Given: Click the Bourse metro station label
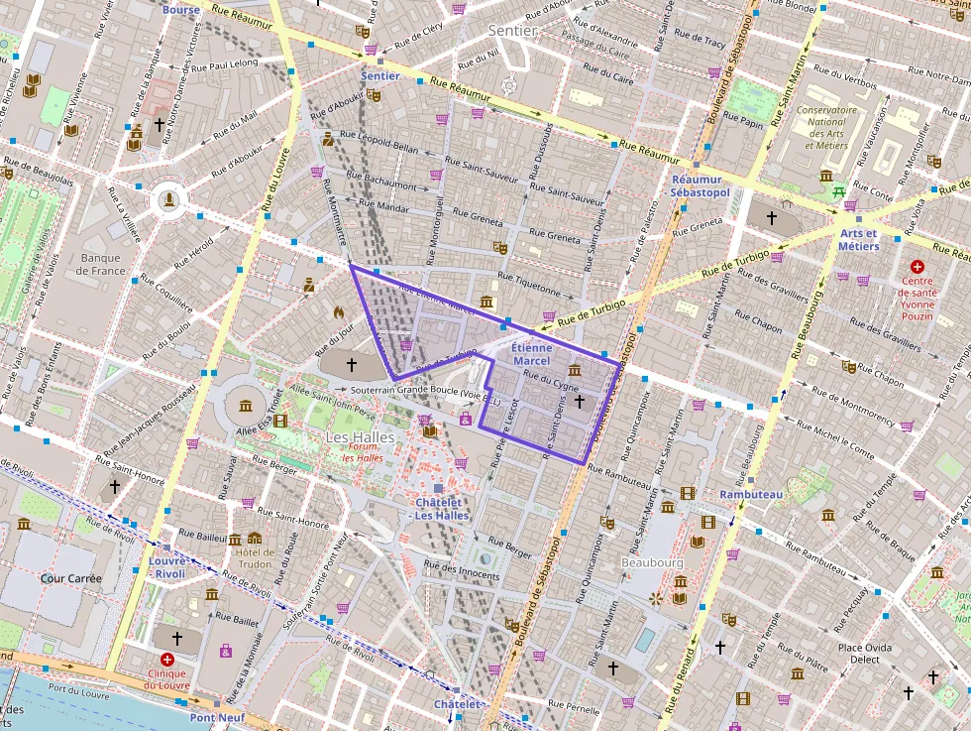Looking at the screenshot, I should coord(181,10).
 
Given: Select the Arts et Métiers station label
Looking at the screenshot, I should coord(858,240).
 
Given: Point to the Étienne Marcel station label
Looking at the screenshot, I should coord(531,355).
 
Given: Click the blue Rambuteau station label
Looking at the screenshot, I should coord(751,494).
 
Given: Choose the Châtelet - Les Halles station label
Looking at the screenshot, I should coord(442,508).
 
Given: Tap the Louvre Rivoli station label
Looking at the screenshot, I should coord(169,566).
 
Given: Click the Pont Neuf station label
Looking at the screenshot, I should coord(216,717).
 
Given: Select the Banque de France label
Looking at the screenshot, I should coord(103,264).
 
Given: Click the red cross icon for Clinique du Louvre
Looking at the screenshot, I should coord(166,660).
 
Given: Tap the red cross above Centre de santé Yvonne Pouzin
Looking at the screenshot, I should coord(917,267).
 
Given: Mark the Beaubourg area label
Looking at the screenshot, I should coord(651,562).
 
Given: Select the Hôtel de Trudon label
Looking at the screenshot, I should coord(254,557).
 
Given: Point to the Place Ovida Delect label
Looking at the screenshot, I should coord(864,653).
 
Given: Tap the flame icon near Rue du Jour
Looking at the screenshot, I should coord(338,311).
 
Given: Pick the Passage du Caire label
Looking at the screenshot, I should coord(596,41).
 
